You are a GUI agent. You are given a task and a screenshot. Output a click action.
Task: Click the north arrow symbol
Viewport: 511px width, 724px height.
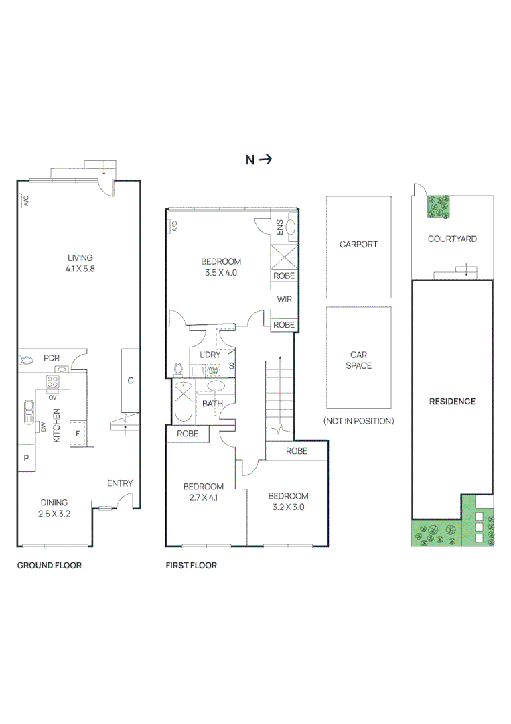pyautogui.click(x=265, y=160)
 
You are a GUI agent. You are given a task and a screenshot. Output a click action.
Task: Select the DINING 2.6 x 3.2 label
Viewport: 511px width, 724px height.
pyautogui.click(x=54, y=508)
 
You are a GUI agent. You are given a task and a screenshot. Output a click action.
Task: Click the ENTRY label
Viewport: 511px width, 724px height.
pyautogui.click(x=120, y=483)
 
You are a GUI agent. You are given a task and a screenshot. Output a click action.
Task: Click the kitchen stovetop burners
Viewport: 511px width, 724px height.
pyautogui.click(x=52, y=381)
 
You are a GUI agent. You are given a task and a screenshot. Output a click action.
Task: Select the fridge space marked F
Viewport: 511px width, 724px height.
pyautogui.click(x=78, y=433)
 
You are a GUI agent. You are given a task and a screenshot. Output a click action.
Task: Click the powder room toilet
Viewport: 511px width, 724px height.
pyautogui.click(x=27, y=359)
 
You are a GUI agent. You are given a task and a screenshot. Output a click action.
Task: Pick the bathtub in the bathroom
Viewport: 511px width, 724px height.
pyautogui.click(x=182, y=402)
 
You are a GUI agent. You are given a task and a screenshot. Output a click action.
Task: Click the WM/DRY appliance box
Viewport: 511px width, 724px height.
pyautogui.click(x=214, y=370)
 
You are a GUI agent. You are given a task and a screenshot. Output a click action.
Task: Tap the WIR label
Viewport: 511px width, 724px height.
pyautogui.click(x=283, y=300)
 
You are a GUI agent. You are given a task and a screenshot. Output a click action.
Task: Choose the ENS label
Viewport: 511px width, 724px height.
pyautogui.click(x=279, y=227)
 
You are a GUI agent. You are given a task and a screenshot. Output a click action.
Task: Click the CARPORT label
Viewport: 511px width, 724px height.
pyautogui.click(x=358, y=245)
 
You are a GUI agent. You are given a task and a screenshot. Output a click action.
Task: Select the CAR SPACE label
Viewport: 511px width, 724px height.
pyautogui.click(x=358, y=360)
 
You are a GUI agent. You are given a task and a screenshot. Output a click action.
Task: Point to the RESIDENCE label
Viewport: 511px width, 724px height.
pyautogui.click(x=452, y=402)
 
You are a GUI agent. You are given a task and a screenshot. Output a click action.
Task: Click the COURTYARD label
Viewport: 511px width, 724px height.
pyautogui.click(x=452, y=239)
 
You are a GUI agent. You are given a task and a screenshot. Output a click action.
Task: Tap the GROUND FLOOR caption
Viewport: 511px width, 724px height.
pyautogui.click(x=49, y=566)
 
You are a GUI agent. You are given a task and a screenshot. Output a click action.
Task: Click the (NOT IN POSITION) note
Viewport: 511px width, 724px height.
pyautogui.click(x=358, y=421)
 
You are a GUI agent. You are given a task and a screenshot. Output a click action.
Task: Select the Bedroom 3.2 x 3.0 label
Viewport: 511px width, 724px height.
pyautogui.click(x=287, y=501)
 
